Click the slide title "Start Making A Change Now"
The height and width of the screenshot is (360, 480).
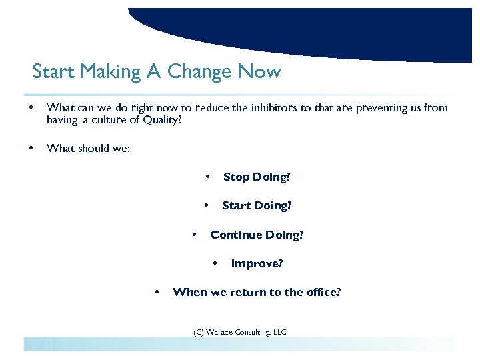157,71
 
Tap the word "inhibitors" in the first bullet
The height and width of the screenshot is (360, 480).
275,108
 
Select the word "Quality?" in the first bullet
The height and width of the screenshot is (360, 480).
161,120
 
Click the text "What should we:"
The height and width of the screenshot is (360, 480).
89,148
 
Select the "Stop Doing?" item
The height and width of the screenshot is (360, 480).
257,177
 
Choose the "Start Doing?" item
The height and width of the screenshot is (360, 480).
257,205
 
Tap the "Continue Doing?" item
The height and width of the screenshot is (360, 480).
257,235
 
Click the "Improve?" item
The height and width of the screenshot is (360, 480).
257,263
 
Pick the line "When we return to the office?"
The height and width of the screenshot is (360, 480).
257,292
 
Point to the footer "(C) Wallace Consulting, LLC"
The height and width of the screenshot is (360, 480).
240,332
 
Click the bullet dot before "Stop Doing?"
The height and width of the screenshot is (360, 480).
207,177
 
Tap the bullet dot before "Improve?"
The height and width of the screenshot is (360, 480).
215,263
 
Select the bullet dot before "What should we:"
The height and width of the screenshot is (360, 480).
28,148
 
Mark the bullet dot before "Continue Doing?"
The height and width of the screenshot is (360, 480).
194,235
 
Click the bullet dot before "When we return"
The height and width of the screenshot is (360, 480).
157,292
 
